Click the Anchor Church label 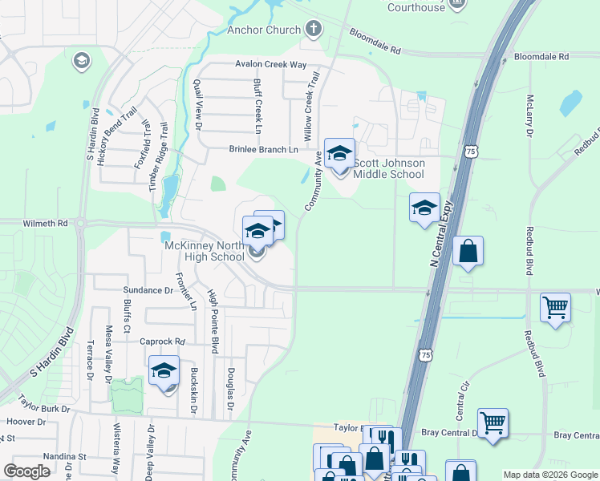pos(263,30)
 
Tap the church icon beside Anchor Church pos(313,30)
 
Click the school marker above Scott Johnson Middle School pos(339,153)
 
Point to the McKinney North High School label pos(204,252)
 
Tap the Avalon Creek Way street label pos(271,64)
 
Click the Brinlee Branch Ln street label pos(263,149)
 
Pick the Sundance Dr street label pos(148,289)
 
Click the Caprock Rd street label pos(161,342)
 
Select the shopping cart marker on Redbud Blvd pos(555,307)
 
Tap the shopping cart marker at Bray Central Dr pos(493,422)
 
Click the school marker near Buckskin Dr pos(164,371)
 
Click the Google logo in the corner pos(26,471)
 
